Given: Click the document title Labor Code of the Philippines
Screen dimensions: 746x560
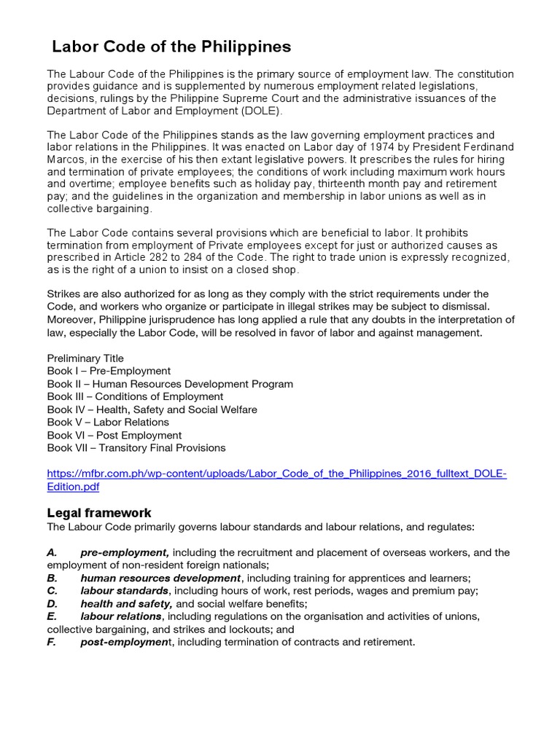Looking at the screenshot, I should point(171,47).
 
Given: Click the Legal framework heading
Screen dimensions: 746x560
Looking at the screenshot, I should point(99,513).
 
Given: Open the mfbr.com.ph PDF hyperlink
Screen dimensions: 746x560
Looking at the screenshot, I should point(276,474).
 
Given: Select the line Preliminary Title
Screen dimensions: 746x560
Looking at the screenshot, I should point(85,358).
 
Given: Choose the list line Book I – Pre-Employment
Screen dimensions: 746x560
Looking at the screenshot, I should point(109,371).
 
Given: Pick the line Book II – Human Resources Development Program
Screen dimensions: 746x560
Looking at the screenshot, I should point(170,384).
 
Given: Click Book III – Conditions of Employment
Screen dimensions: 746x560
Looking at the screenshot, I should point(135,396).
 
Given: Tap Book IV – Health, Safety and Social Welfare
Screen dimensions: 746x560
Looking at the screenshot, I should point(152,409).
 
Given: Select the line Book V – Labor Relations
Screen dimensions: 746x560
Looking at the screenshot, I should point(108,422).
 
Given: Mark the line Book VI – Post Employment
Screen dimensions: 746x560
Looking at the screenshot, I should point(114,435).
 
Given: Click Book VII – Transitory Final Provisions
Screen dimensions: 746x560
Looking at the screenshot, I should point(136,447).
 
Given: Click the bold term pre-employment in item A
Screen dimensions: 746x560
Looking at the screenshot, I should point(125,552).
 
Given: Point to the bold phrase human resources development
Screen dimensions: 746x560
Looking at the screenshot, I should point(160,578).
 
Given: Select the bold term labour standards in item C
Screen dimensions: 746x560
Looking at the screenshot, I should point(125,591).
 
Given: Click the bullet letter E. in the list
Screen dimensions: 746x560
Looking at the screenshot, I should point(52,616).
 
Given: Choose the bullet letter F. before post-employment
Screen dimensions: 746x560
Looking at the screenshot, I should point(52,642).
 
